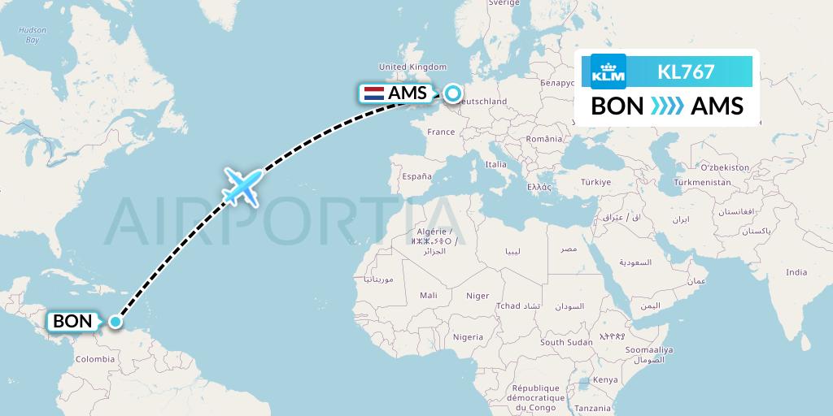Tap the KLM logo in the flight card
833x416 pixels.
[609, 71]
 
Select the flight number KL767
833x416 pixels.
[686, 71]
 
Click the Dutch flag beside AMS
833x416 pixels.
[374, 93]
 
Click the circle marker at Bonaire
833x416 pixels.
[116, 321]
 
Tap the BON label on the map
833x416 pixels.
[72, 321]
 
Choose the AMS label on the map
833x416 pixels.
[408, 93]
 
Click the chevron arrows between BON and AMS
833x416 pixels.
[667, 106]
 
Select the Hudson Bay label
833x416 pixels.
[33, 35]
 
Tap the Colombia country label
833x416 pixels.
[95, 358]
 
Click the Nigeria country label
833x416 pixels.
[468, 336]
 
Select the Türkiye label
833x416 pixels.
[596, 182]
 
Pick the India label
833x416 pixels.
[797, 272]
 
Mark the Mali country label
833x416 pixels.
[428, 296]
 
